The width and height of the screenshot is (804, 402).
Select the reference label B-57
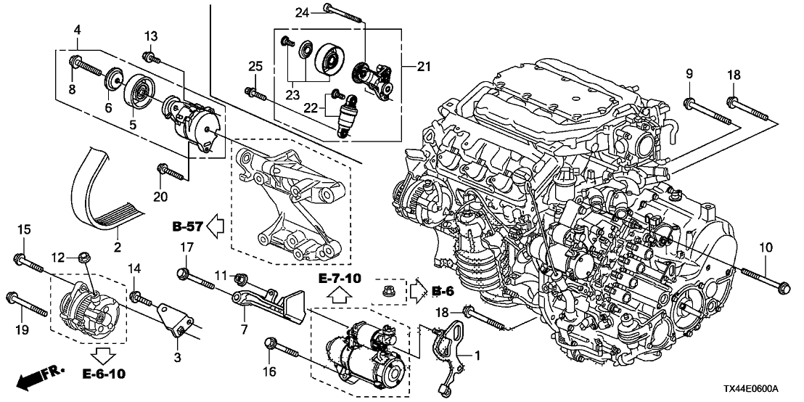[x=186, y=228]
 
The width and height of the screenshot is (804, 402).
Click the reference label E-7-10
[x=339, y=279]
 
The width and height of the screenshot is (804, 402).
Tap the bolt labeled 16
[x=282, y=348]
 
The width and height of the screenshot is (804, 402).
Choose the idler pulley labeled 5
[x=138, y=91]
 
